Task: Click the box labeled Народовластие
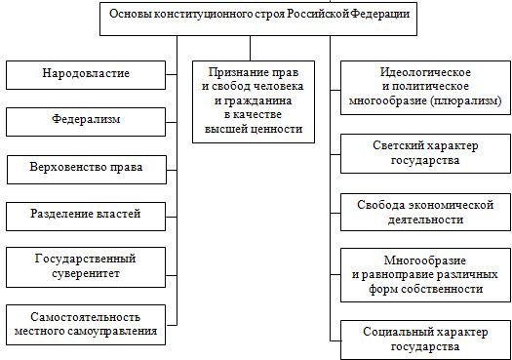85,74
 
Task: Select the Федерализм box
85,121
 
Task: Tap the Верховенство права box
87,168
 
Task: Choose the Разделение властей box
86,214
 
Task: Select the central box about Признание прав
260,103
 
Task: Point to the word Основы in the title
131,16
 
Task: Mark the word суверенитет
85,273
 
